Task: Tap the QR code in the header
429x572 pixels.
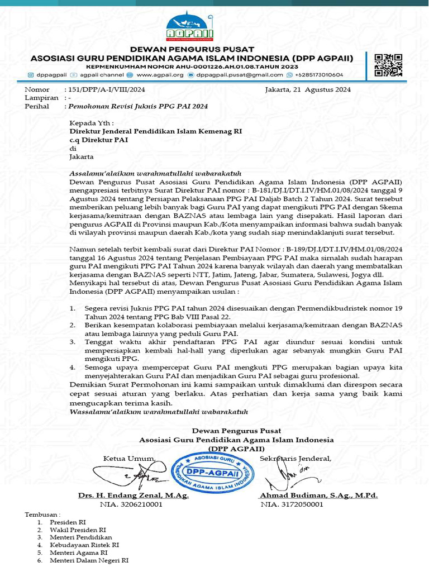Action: tap(388, 64)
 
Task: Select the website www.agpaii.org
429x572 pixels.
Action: tap(160, 74)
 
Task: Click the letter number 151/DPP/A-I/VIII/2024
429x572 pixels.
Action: tap(107, 89)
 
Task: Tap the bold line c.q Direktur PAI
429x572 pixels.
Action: tap(99, 140)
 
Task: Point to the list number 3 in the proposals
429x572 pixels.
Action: tap(73, 341)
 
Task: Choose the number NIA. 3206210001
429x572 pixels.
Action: tap(131, 504)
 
